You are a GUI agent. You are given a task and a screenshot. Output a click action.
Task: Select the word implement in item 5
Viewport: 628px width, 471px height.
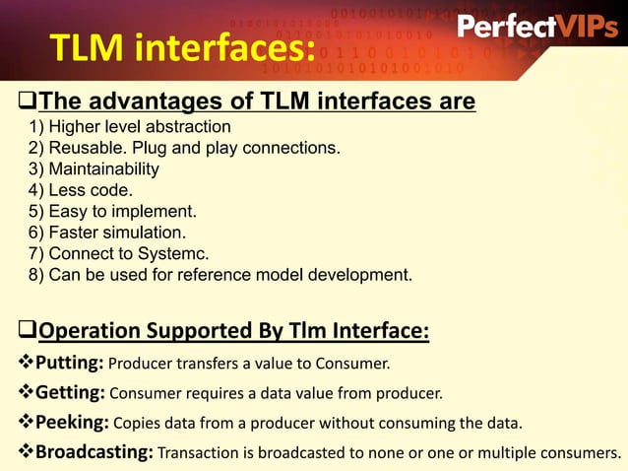click(x=160, y=211)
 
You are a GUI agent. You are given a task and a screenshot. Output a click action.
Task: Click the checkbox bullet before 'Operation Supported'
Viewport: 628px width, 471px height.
click(x=29, y=329)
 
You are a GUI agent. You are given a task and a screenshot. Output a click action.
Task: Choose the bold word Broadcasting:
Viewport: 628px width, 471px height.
click(x=94, y=453)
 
